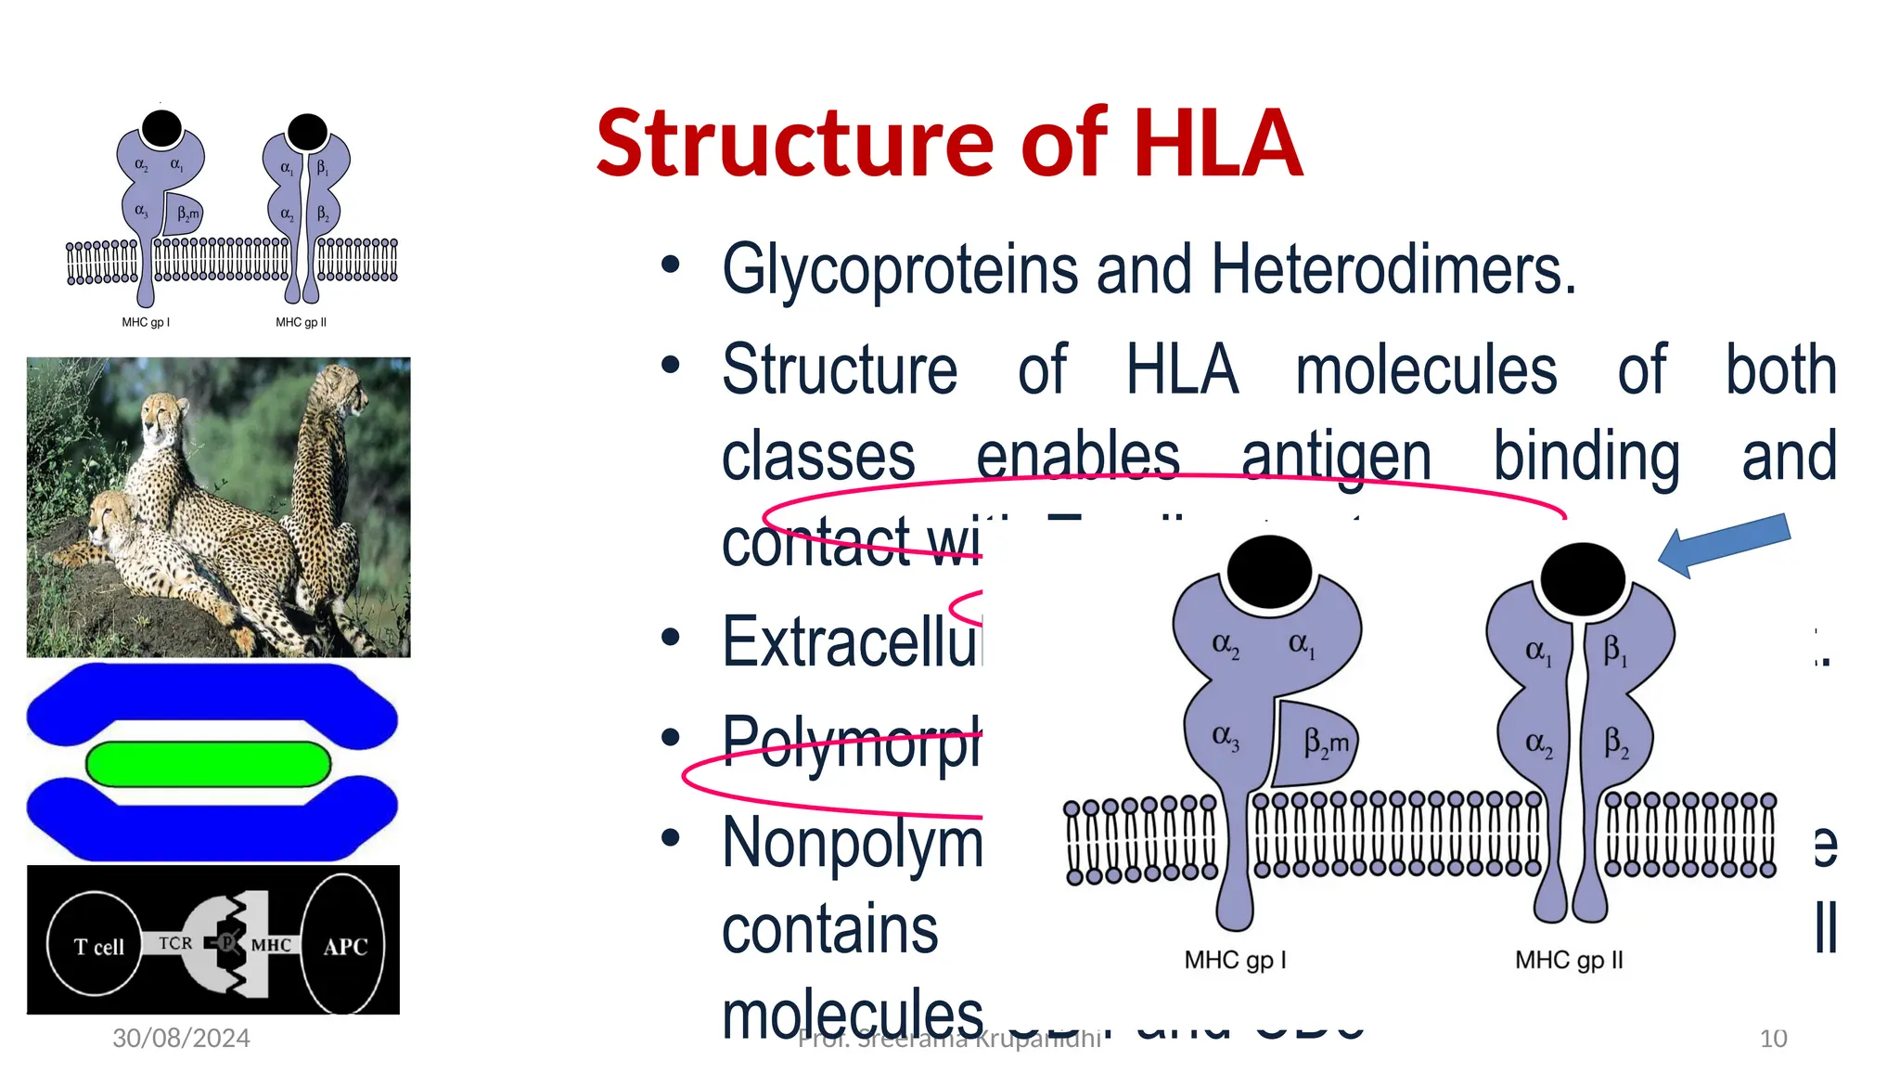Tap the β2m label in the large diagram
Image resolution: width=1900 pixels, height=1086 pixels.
tap(1326, 743)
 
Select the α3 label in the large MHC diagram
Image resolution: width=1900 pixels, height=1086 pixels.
tap(1226, 737)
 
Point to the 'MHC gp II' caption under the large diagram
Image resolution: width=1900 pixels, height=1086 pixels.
tap(1569, 960)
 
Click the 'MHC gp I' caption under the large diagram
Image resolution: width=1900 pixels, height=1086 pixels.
tap(1235, 960)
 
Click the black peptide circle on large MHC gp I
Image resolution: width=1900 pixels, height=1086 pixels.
tap(1268, 571)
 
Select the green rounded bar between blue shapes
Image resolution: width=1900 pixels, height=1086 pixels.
tap(209, 763)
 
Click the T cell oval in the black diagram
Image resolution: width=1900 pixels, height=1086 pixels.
tap(96, 945)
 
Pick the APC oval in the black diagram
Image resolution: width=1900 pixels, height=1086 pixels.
tap(344, 945)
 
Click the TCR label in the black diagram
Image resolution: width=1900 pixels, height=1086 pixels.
tap(174, 943)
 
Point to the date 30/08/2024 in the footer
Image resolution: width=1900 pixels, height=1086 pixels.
tap(181, 1038)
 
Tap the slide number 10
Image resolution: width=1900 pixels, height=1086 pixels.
tap(1773, 1039)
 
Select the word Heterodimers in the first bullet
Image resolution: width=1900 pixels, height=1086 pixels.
tap(1392, 270)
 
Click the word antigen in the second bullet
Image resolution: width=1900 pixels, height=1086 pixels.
tap(1336, 457)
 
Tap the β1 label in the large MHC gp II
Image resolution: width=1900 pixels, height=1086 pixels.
tap(1615, 651)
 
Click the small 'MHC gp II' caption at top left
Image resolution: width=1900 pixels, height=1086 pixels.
tap(301, 322)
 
